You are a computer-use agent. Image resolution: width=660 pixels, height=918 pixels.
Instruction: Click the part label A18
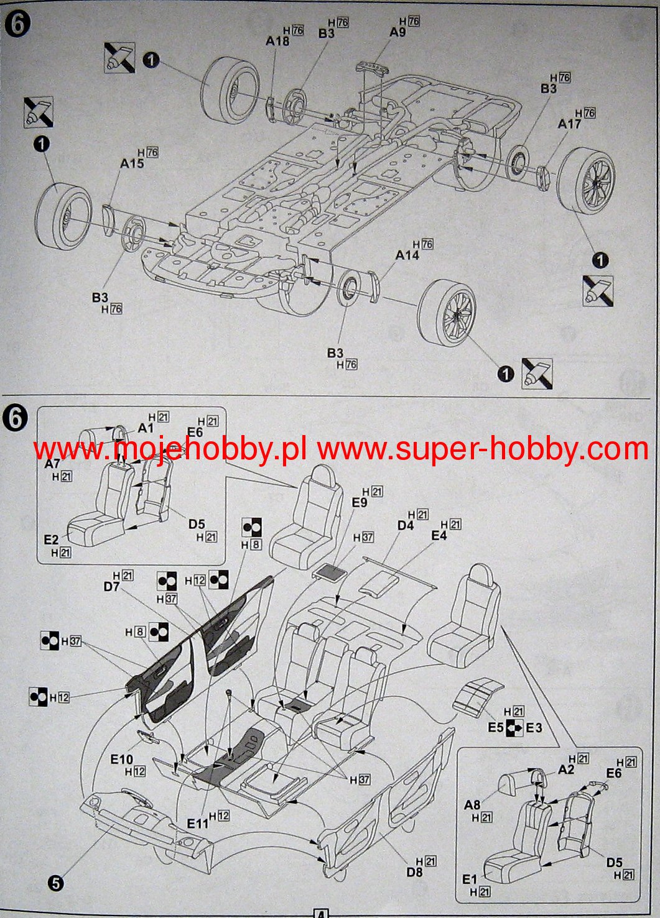coord(277,41)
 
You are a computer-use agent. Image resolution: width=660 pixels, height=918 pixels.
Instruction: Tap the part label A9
coord(397,32)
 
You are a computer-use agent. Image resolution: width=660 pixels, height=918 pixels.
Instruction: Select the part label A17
coord(569,124)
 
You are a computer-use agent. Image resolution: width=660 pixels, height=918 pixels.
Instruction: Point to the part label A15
coord(132,163)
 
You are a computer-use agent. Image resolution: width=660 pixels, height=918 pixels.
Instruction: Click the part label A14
coord(407,255)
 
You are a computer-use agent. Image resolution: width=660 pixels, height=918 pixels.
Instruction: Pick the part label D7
coord(111,586)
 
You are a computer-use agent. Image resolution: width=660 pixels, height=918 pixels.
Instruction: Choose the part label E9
coord(360,503)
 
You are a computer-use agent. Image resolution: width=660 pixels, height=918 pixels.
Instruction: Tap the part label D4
coord(405,525)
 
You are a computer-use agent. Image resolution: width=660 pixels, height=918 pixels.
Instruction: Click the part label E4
coord(439,535)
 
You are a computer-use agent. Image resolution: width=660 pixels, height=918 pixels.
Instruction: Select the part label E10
coord(122,760)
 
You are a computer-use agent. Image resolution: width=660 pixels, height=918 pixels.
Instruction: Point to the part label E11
coord(198,824)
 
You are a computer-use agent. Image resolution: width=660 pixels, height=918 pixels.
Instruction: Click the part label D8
coord(414,872)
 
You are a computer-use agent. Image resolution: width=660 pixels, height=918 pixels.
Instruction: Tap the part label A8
coord(472,806)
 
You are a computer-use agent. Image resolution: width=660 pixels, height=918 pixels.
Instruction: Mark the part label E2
coord(51,540)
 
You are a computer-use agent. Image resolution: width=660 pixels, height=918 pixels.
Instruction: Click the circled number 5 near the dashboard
coord(55,883)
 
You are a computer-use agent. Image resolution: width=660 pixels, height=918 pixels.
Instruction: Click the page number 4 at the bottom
coord(320,914)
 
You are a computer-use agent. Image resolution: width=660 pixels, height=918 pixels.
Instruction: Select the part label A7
coord(52,464)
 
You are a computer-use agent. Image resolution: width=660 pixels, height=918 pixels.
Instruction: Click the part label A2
coord(566,769)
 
